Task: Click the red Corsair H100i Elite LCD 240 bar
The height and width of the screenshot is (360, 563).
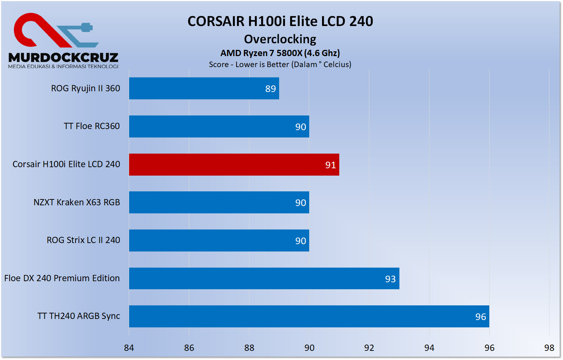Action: (234, 165)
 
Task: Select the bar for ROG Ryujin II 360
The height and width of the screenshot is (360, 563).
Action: (204, 88)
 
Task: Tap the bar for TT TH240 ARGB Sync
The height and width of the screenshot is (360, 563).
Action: (309, 316)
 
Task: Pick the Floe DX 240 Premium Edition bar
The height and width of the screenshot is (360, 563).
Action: (264, 279)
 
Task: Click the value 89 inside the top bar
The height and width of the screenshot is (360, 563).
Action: (270, 89)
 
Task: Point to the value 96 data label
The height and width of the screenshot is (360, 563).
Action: (480, 317)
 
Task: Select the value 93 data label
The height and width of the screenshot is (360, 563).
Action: (390, 279)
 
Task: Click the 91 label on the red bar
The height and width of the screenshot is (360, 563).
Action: (330, 165)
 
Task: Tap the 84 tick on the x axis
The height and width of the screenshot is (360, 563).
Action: (129, 348)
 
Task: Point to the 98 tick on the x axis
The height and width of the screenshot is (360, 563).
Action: (549, 348)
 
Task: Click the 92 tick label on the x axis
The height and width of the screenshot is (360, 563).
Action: (369, 348)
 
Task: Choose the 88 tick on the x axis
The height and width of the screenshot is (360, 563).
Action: (249, 348)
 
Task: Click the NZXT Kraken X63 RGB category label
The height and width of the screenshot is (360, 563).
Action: (77, 202)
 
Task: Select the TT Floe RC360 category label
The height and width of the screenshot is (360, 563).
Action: (92, 126)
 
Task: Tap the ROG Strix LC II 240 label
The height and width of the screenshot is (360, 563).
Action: (83, 240)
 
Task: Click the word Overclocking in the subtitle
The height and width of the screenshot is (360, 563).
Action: (280, 39)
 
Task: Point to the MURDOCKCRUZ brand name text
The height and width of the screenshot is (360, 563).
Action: (63, 58)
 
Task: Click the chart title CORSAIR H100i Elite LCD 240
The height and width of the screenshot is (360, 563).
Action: (280, 21)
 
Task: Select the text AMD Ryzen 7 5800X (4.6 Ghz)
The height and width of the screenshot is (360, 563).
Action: (280, 53)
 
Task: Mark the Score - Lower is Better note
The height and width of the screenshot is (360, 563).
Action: (280, 65)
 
